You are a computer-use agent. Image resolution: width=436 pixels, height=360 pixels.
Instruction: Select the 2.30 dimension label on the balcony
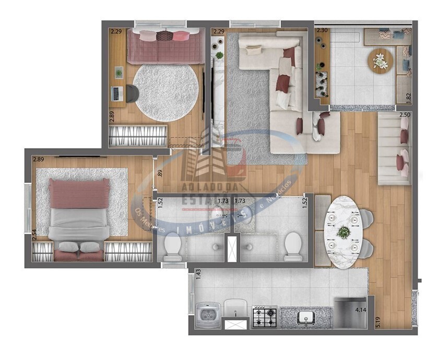[x=323, y=31]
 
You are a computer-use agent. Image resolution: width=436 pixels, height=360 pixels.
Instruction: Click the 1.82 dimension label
[x=409, y=97]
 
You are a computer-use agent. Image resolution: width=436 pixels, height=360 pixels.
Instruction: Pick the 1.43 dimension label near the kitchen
[x=198, y=274]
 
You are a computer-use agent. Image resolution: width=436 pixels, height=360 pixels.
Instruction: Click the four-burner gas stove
[x=264, y=317]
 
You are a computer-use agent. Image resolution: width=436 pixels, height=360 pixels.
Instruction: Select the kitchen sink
[x=304, y=317]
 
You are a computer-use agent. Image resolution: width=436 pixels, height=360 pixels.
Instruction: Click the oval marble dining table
[x=343, y=231]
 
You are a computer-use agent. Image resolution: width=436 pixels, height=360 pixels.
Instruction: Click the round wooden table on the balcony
[x=381, y=62]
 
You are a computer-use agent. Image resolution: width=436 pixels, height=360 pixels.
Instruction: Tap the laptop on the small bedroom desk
[x=117, y=94]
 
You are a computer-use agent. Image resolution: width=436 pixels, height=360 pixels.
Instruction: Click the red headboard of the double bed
[x=79, y=191]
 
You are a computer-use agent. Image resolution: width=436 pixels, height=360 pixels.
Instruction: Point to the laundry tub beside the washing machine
[x=235, y=310]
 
